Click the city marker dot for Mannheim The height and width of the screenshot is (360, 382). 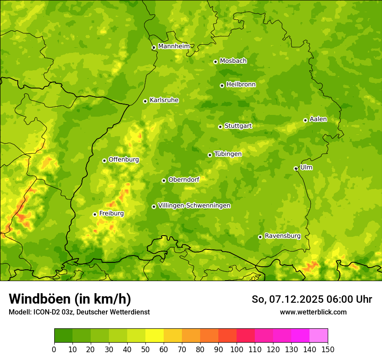coord(154,48)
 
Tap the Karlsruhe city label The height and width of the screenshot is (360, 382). coord(164,100)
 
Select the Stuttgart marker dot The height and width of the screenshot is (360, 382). coord(220,127)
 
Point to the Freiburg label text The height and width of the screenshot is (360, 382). coord(111,213)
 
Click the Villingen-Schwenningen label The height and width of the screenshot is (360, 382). coord(194,206)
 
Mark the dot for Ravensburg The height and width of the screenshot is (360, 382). coord(260,237)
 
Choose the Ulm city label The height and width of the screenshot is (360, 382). coord(306,167)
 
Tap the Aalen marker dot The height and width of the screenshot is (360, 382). coord(305,120)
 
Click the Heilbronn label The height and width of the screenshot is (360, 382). coord(241,85)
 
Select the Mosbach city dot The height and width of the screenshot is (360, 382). coord(215,62)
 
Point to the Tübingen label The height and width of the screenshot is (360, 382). coord(227,154)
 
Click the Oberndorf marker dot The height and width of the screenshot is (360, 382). coord(164,180)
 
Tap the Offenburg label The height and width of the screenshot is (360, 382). coord(124,160)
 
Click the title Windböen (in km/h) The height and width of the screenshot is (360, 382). coord(70,299)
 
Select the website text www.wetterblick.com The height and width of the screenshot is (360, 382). coord(313,312)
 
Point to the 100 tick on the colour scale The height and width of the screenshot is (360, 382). coord(237,350)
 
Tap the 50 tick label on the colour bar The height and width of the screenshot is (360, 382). coord(145,350)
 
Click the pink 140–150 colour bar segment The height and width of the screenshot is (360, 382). coord(319,336)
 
